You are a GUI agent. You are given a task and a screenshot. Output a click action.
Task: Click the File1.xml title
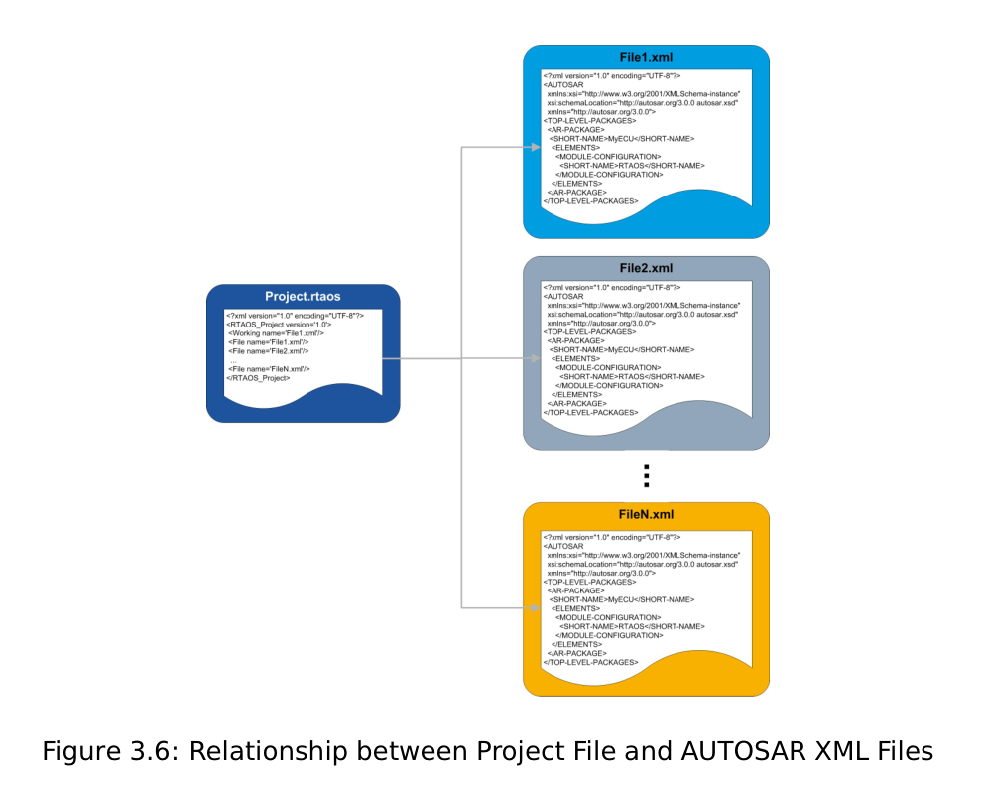tap(646, 58)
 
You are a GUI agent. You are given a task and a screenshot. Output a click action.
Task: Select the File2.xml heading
tap(646, 268)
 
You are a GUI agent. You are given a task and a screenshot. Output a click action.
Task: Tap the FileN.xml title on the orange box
tap(646, 514)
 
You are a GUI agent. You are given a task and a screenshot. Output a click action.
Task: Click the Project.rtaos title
tap(303, 297)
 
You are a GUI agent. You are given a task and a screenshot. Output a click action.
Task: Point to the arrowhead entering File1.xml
tap(536, 147)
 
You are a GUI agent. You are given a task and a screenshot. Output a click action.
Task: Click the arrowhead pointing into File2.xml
tap(536, 358)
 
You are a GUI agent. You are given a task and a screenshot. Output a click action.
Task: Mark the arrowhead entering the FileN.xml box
tap(536, 608)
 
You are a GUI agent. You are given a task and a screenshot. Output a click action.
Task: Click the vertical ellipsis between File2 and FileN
tap(647, 476)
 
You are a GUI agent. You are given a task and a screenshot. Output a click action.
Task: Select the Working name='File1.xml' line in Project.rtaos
tap(276, 333)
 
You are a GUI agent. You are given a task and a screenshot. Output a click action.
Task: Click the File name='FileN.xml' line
tap(269, 369)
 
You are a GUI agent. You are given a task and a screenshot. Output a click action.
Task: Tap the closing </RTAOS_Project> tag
tap(259, 378)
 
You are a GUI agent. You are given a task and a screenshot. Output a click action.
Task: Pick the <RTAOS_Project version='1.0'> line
tap(279, 325)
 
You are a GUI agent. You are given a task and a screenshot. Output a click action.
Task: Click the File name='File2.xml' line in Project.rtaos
tap(269, 351)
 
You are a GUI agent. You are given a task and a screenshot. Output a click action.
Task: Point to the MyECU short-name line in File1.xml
tap(623, 139)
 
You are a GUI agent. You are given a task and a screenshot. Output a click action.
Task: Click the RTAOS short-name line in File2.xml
tap(633, 377)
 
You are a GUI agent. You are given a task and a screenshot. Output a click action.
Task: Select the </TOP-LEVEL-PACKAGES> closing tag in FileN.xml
tap(590, 663)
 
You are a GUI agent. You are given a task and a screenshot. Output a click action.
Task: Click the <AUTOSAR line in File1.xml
tap(563, 85)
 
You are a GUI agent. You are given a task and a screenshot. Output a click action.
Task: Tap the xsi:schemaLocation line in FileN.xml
tap(643, 565)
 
